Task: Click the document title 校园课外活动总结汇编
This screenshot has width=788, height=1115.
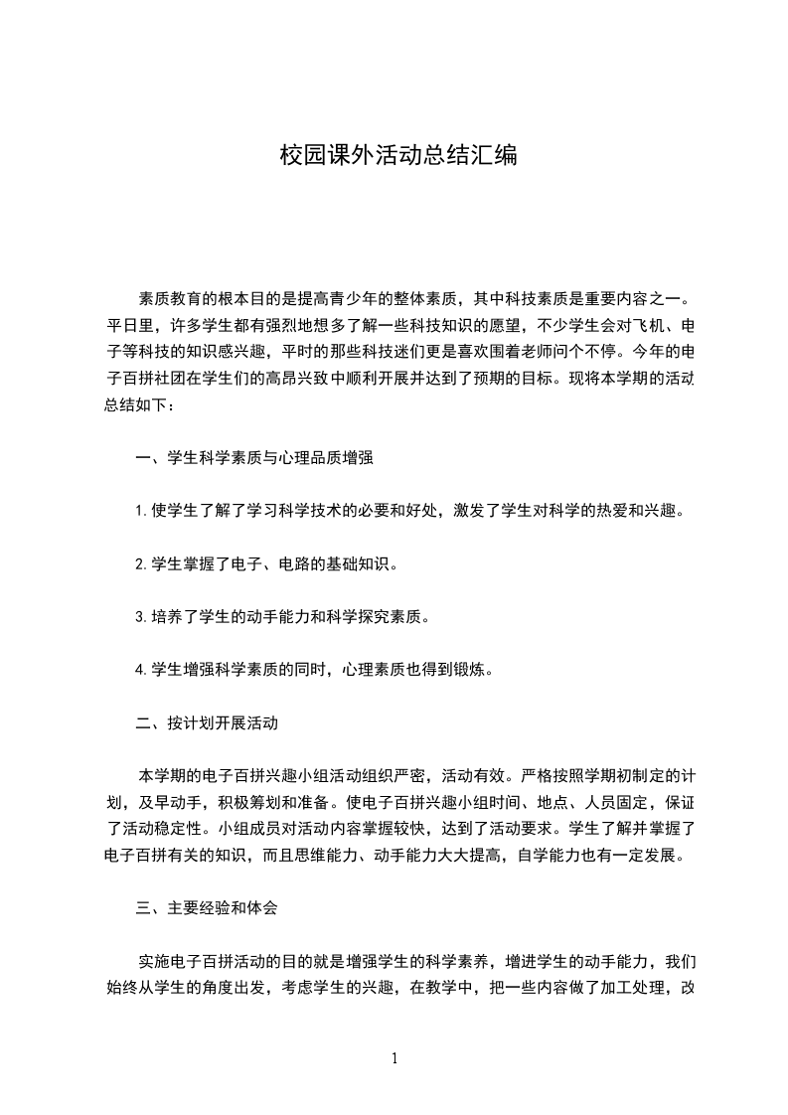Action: click(x=398, y=157)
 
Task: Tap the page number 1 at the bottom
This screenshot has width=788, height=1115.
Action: click(x=394, y=1057)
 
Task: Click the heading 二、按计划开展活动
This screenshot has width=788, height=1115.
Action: click(x=206, y=722)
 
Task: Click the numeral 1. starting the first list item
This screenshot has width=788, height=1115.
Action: click(x=141, y=511)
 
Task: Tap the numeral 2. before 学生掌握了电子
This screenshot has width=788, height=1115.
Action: click(x=141, y=563)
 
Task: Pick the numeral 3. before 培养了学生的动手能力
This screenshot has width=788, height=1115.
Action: click(x=141, y=616)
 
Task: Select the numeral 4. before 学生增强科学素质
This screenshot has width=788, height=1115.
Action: click(x=141, y=670)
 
